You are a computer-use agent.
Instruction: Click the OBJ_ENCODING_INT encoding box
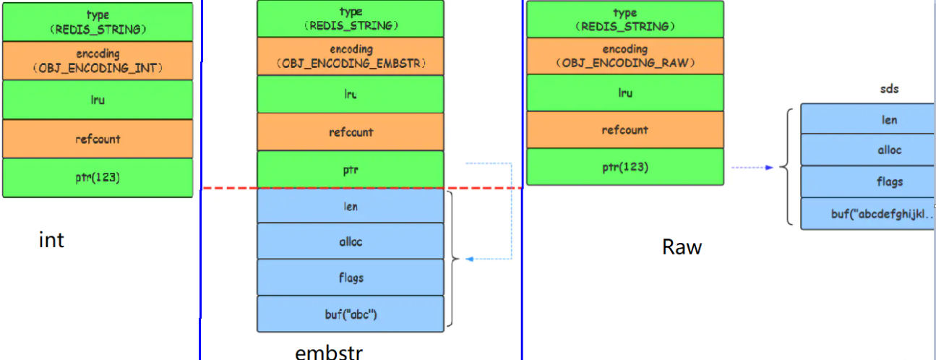(98, 61)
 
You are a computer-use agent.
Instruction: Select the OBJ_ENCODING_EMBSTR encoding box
(351, 56)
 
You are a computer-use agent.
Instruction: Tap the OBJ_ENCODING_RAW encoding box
(624, 56)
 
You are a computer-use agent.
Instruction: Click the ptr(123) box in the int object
(98, 178)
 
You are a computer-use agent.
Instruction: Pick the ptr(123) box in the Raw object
(624, 167)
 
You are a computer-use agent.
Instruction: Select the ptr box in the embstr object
(351, 170)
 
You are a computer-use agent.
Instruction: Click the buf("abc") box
(351, 314)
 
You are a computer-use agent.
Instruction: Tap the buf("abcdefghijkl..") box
(867, 213)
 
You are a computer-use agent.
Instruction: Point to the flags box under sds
(867, 181)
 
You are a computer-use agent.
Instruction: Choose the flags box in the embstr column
(351, 278)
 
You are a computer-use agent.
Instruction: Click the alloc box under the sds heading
(867, 150)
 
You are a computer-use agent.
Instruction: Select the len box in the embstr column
(351, 207)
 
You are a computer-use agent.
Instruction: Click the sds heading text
(889, 90)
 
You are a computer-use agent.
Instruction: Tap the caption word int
(51, 240)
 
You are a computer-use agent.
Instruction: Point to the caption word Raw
(682, 247)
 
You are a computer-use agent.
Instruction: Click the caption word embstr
(329, 353)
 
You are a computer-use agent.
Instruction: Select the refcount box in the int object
(98, 139)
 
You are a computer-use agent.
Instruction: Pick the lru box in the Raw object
(624, 93)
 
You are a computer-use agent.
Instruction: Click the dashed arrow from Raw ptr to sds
(752, 167)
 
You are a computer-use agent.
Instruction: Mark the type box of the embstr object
(351, 18)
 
